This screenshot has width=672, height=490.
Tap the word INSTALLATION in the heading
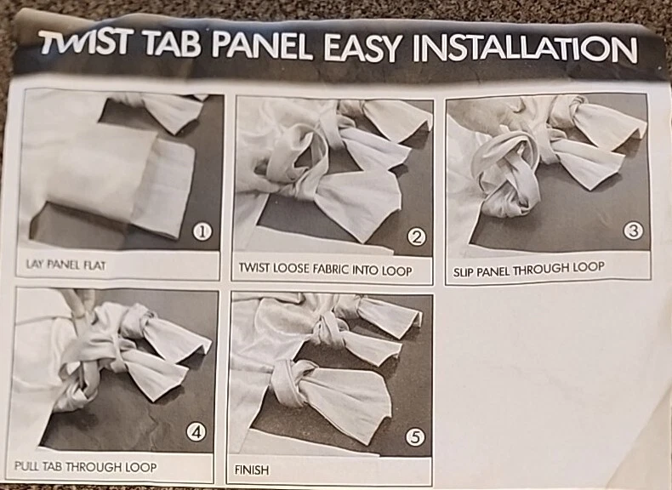[525, 48]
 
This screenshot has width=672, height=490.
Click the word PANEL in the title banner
[261, 44]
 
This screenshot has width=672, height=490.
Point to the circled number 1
[202, 232]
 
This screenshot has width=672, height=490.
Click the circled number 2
[416, 237]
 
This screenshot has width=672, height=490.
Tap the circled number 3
[633, 231]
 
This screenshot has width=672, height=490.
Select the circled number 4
[196, 432]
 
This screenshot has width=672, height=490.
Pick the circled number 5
[415, 437]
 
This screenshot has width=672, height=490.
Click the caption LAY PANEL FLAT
[65, 265]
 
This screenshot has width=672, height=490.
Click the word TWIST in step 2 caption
[254, 268]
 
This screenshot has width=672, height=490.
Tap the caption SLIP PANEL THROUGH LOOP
[528, 270]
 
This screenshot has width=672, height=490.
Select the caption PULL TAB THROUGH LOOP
[85, 466]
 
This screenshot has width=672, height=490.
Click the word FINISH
[252, 470]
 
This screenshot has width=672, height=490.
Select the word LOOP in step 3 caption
[589, 267]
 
